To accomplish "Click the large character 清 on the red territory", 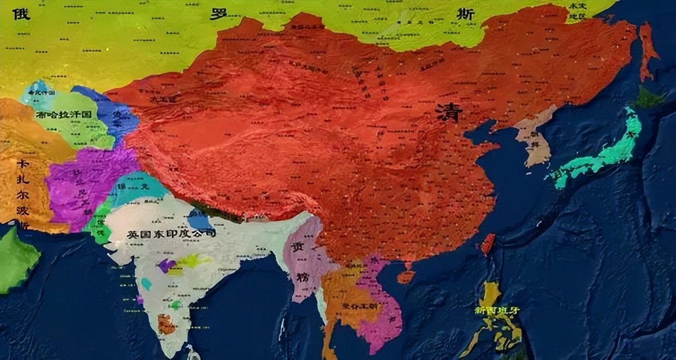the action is point(449,112).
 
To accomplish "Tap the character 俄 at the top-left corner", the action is point(21,13).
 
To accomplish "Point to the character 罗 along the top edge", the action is point(218,13).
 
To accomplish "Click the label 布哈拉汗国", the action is point(64,115).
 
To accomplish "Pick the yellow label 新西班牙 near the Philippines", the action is point(497,310).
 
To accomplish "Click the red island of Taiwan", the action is point(487,244).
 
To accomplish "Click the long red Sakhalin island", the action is point(646,50).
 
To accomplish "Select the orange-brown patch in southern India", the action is point(166,324).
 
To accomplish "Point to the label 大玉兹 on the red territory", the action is point(158,99).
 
